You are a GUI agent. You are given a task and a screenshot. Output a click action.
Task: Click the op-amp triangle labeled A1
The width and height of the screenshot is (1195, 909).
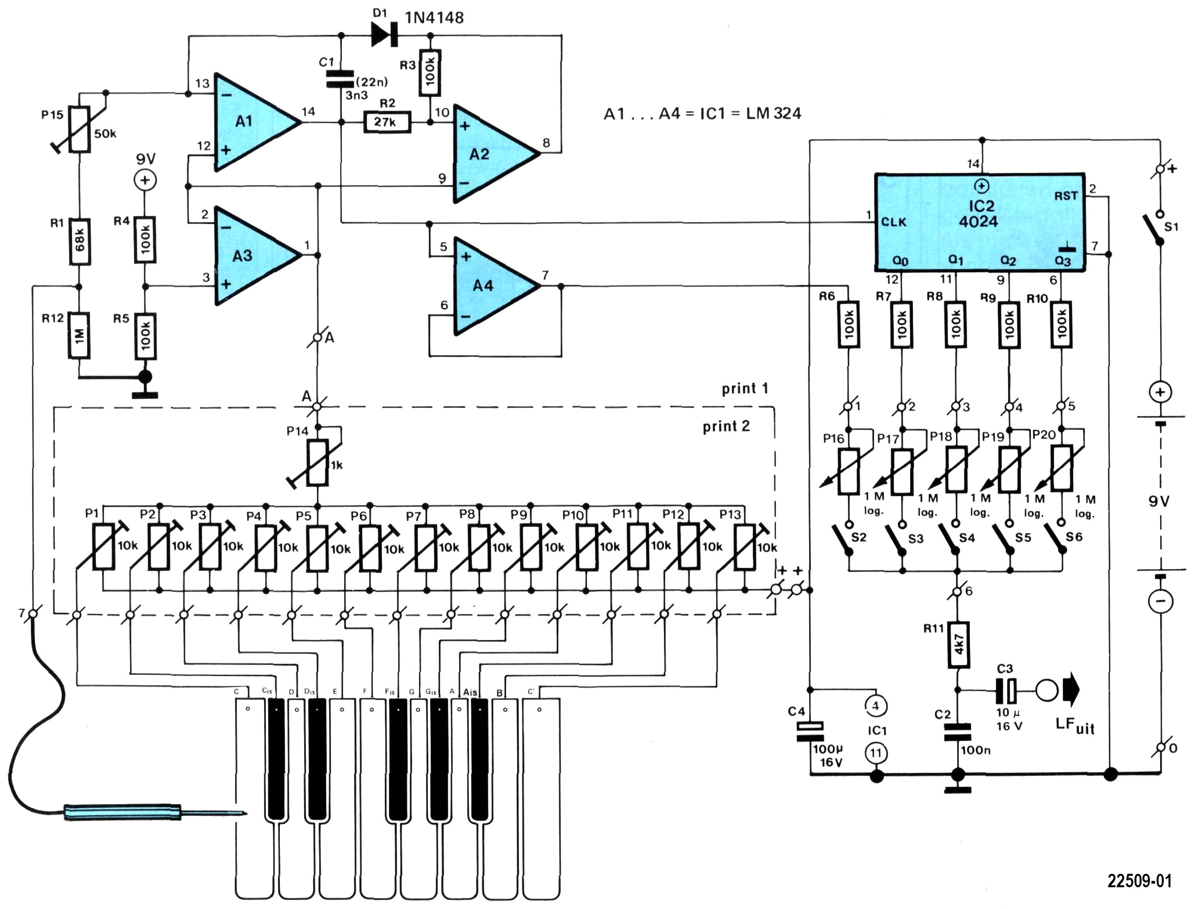(252, 122)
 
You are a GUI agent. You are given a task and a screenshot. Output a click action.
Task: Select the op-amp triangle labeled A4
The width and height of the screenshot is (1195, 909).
(490, 286)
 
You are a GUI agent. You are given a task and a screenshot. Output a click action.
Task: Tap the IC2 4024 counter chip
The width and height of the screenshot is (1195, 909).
(980, 222)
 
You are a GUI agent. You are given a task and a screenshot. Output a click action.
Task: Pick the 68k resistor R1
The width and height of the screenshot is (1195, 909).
(80, 241)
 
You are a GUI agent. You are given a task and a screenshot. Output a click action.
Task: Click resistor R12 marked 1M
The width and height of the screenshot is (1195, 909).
(80, 335)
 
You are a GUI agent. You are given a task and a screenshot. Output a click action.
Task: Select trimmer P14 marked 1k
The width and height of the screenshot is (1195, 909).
(317, 463)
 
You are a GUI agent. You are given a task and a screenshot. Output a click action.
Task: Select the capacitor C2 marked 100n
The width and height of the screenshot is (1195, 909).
(958, 733)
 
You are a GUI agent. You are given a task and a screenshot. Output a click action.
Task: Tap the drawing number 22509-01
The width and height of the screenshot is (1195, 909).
(1139, 881)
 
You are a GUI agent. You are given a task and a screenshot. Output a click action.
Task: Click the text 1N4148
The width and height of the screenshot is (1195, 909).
(434, 18)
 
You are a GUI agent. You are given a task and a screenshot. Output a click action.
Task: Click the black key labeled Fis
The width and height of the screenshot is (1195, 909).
(398, 757)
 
